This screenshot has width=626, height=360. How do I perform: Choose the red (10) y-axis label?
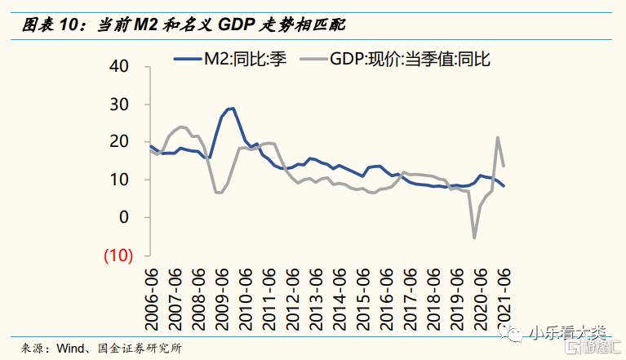(118, 254)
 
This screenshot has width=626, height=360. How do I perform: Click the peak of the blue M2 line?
(232, 108)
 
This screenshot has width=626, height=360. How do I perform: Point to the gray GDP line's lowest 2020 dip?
(474, 238)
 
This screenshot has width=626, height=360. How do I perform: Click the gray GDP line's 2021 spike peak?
(498, 137)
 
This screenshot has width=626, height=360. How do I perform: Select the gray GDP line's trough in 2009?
(219, 193)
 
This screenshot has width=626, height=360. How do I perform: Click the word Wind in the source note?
(72, 348)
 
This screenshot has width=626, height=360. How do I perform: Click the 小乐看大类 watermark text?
(566, 332)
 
